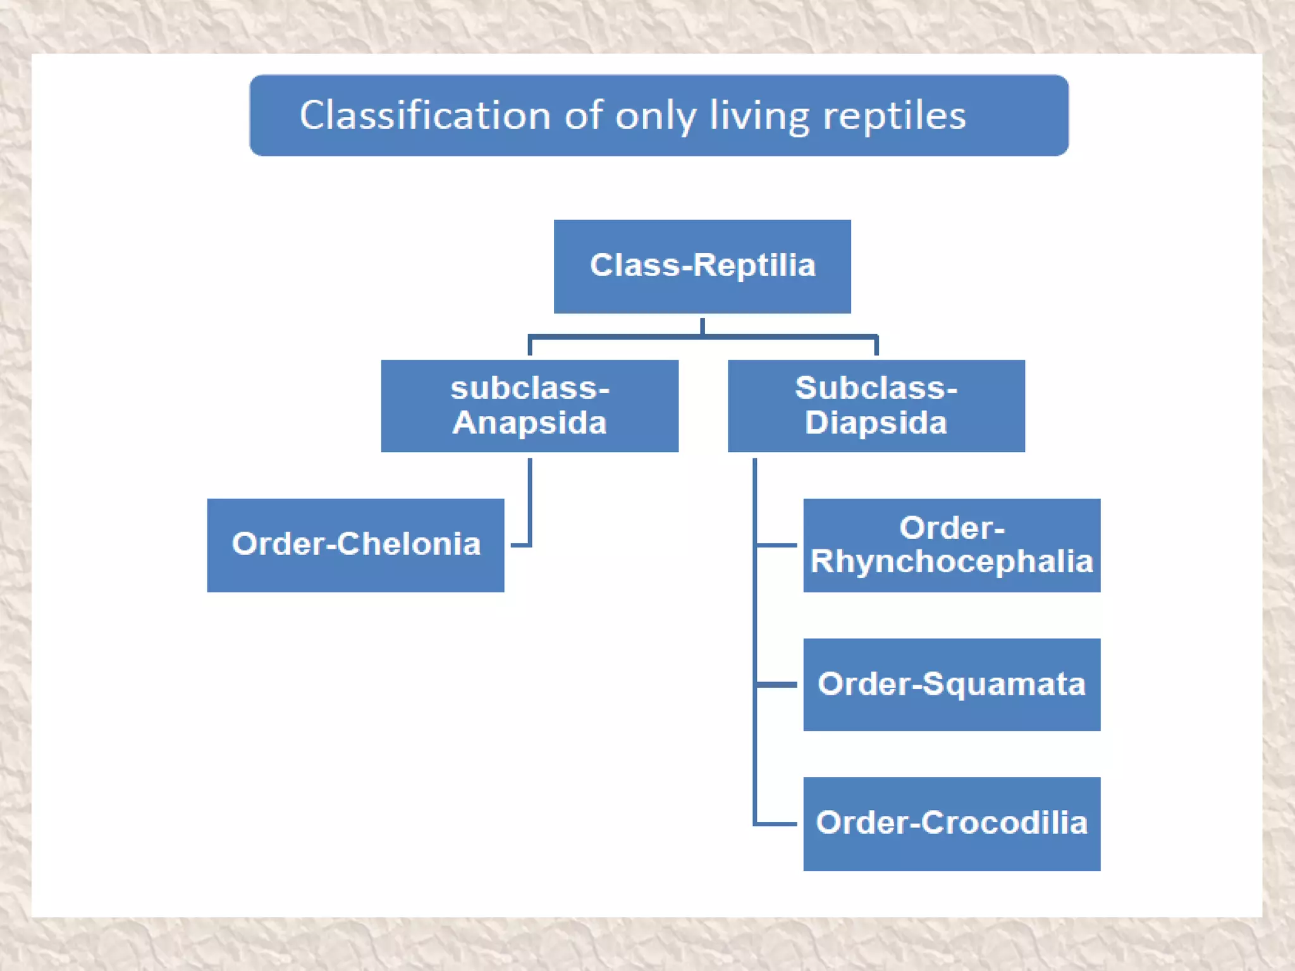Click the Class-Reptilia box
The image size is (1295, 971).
pos(702,266)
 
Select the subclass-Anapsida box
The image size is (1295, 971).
pos(529,406)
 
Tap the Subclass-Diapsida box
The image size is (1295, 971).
pos(876,406)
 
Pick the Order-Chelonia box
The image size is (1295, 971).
pos(355,545)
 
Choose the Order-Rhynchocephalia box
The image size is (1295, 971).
pos(951,545)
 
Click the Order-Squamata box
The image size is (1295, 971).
pos(951,685)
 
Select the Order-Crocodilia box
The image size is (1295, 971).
pos(951,824)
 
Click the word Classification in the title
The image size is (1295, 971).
pos(424,116)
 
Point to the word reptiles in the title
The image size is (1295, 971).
pos(894,116)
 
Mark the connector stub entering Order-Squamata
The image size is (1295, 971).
pos(777,685)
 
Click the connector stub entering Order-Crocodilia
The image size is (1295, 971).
pos(777,824)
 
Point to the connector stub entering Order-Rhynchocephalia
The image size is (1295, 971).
pos(777,544)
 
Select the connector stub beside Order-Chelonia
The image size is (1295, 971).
pos(520,544)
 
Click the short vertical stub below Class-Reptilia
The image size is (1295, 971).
pos(702,326)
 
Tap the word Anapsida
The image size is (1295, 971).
pos(529,422)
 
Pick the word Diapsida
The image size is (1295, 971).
pos(876,422)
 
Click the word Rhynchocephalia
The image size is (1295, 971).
pos(951,561)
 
